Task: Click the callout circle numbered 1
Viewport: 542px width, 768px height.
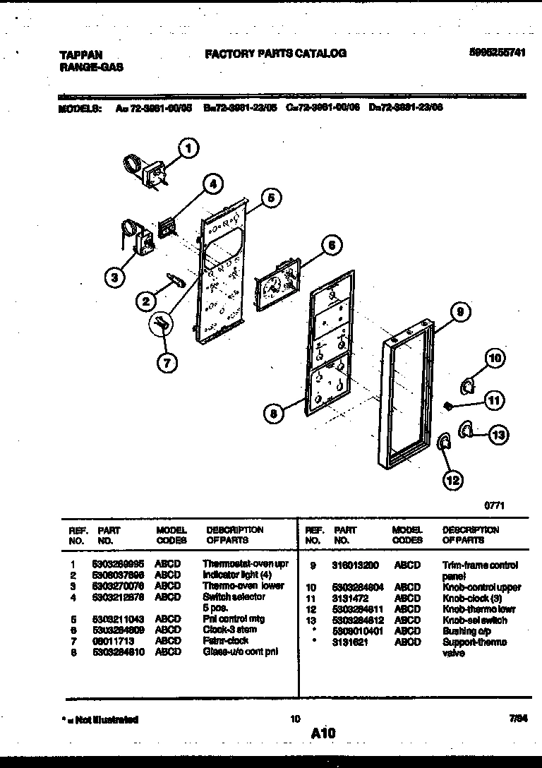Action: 187,148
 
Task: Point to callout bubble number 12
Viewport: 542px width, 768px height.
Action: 453,481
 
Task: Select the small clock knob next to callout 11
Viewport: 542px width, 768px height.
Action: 447,405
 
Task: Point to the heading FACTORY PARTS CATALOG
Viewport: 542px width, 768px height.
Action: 275,53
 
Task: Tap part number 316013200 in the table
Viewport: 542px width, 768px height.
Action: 355,565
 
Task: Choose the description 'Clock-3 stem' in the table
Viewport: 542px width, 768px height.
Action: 231,630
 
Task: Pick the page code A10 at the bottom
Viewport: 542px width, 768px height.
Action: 323,734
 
